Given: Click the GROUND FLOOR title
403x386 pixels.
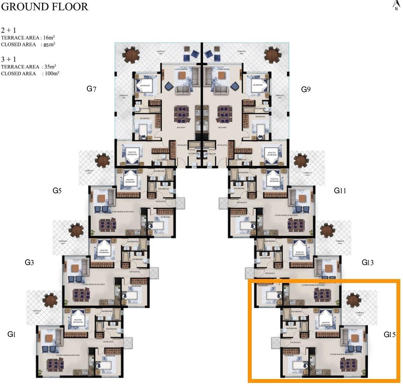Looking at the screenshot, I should (45, 7).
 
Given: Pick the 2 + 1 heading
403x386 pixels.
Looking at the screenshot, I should (8, 30).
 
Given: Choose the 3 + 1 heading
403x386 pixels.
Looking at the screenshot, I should (8, 59).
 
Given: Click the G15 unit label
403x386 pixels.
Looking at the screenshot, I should (389, 335).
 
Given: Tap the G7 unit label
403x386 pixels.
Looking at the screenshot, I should (91, 89).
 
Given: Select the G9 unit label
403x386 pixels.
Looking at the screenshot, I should (306, 90).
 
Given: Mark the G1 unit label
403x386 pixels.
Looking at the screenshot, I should (12, 335).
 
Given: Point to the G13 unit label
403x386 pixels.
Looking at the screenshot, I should (367, 262).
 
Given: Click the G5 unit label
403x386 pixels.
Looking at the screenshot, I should (57, 190).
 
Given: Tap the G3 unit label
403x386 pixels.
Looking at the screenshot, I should (29, 262).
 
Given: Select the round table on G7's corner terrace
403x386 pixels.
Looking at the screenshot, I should (131, 55).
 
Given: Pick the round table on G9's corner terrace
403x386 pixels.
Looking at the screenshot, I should (273, 55).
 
